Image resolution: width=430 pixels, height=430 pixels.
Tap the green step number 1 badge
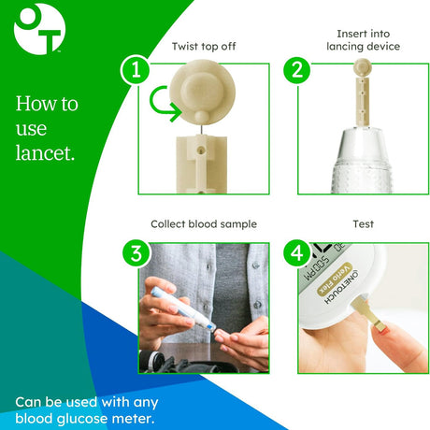click(x=137, y=70)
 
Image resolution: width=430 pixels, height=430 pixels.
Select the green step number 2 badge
click(x=297, y=70)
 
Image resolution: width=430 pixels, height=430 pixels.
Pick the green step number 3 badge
click(x=137, y=251)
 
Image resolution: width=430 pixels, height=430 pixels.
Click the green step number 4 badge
click(x=297, y=251)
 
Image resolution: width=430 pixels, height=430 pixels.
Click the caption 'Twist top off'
click(x=204, y=46)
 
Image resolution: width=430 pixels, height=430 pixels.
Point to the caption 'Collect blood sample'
click(x=204, y=224)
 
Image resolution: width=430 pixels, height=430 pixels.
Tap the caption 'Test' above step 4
click(x=363, y=224)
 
